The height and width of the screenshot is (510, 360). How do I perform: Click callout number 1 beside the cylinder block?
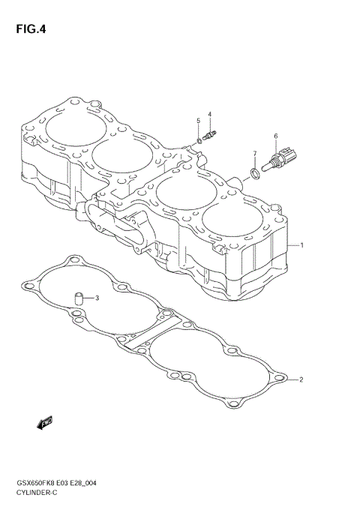[301, 244]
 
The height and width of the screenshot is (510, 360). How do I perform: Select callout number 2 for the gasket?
[301, 379]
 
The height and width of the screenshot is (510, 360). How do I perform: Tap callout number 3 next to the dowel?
[96, 298]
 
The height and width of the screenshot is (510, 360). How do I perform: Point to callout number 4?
[210, 115]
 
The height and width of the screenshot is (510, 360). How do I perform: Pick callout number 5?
[198, 121]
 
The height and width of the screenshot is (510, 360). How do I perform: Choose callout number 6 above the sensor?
[275, 136]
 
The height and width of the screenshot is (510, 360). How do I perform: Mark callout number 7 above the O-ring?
[255, 154]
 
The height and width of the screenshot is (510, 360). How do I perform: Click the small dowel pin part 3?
[76, 299]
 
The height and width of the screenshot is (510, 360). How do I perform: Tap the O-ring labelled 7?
[255, 175]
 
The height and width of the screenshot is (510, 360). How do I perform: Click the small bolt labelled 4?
[211, 136]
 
